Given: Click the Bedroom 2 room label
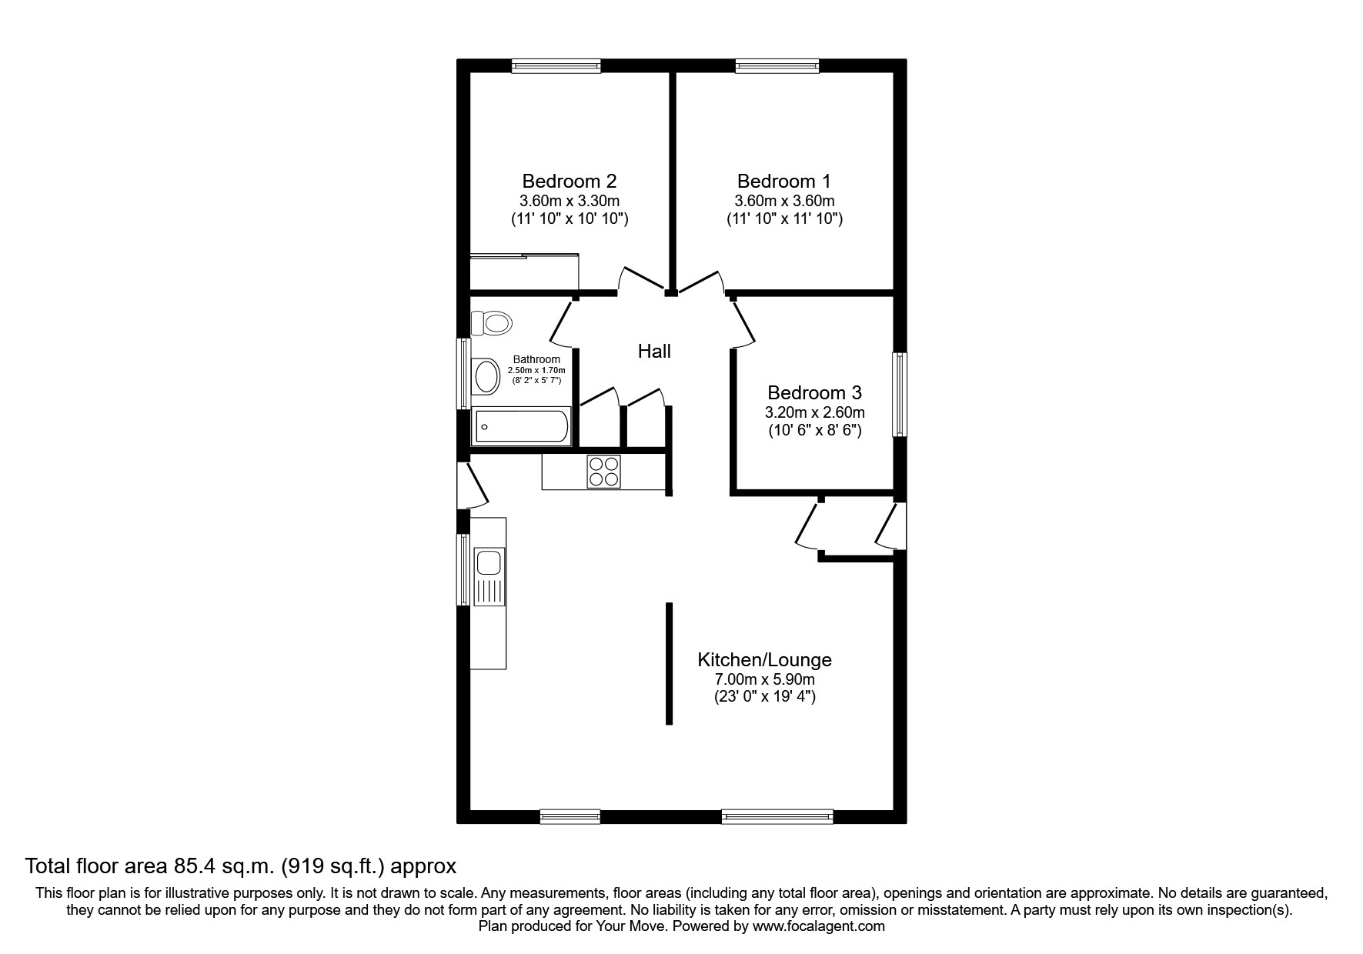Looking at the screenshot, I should (x=569, y=181).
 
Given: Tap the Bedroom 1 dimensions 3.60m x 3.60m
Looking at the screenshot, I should (x=784, y=201).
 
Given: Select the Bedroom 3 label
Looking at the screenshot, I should (x=814, y=392).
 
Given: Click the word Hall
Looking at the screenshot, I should (x=654, y=352).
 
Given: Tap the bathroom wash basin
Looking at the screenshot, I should (x=486, y=377).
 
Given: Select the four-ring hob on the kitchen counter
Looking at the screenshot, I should (x=603, y=472).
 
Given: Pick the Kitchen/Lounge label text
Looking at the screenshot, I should (x=764, y=659).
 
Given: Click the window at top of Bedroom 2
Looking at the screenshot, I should (x=556, y=66).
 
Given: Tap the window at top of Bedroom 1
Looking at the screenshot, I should (x=777, y=66).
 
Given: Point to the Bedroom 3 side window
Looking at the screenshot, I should (x=899, y=394).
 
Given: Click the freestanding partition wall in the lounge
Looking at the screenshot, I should (x=669, y=663).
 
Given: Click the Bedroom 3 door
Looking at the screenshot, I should (x=744, y=323).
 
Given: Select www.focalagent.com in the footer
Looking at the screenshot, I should (x=818, y=926).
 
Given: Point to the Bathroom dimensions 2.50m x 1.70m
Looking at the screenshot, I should (x=536, y=370).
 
